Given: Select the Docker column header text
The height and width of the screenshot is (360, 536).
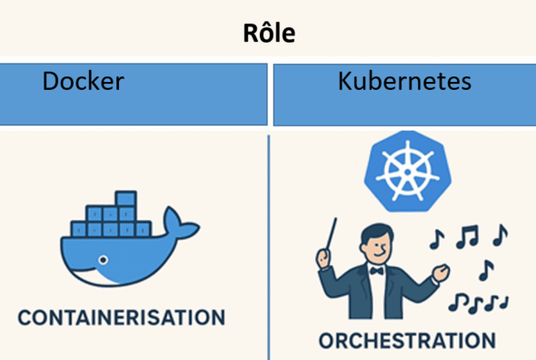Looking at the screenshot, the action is click(x=84, y=82).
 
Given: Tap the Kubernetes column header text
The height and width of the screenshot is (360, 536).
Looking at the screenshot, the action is click(x=404, y=82).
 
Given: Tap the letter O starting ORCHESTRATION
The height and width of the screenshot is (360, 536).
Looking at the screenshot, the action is click(x=327, y=342).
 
